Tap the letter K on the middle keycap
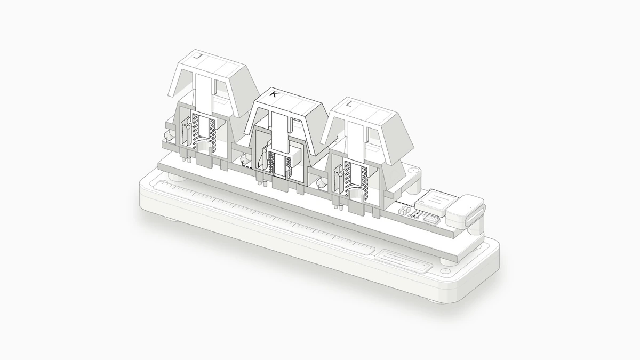point(274,94)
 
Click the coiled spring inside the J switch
point(203,130)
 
